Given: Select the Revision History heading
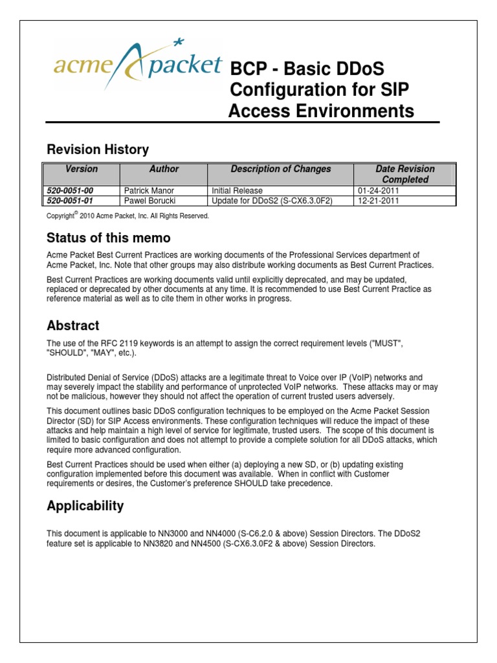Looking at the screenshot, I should (98, 150).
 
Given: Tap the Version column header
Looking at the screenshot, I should (82, 169).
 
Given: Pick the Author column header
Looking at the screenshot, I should (164, 169).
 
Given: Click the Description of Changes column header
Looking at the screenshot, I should (280, 169).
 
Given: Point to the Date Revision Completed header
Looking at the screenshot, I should (404, 174).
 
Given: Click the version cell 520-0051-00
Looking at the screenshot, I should (70, 191).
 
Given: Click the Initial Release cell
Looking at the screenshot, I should (237, 191).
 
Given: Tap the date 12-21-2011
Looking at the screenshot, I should (379, 201).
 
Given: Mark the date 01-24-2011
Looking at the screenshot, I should (379, 191).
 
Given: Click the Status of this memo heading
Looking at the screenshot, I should (109, 238).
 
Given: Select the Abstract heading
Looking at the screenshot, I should (73, 325).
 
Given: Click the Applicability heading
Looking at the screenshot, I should (85, 506).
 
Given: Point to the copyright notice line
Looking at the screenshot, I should (127, 216).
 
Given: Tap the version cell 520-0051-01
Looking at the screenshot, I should (70, 201).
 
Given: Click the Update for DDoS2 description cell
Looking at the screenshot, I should (272, 201).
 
